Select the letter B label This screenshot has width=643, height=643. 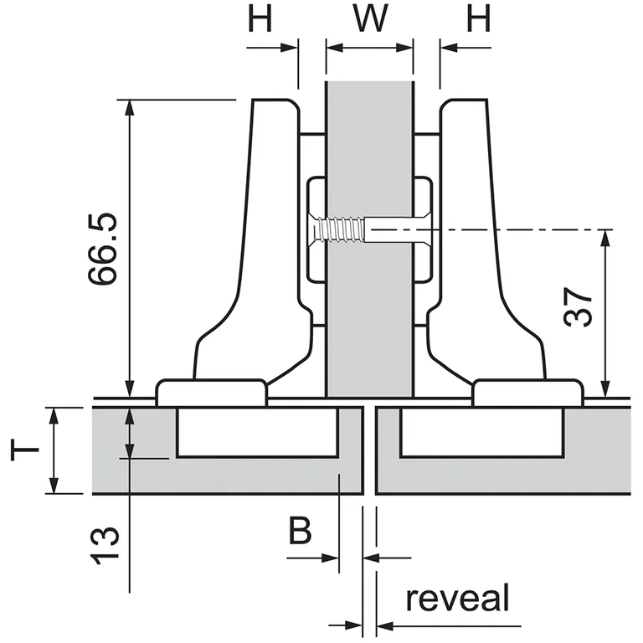301,532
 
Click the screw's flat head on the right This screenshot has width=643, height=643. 410,229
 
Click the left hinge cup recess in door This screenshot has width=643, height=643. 257,432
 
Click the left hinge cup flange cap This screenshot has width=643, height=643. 212,392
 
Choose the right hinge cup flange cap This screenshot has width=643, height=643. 527,392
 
